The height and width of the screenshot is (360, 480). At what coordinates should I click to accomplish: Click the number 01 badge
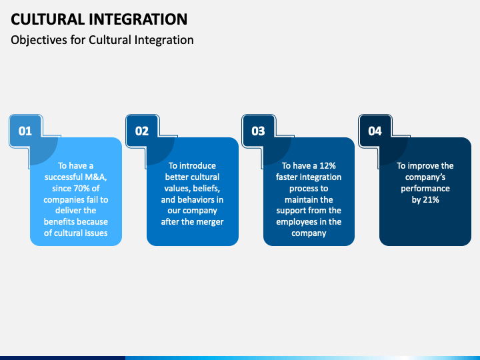(25, 131)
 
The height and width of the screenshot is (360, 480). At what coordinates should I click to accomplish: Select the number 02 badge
(142, 131)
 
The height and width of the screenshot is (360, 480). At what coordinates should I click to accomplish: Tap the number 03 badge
(258, 131)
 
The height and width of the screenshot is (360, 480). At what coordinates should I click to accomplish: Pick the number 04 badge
(375, 131)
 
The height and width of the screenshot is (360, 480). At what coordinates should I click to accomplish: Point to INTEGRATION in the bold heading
(139, 19)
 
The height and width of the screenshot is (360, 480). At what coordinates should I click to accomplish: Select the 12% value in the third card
(327, 165)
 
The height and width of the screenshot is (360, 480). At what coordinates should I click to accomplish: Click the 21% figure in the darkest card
(431, 199)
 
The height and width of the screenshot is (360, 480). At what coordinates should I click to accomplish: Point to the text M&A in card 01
(96, 177)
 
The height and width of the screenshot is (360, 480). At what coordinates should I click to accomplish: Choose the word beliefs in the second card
(207, 188)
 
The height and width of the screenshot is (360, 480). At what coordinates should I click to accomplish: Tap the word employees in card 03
(297, 222)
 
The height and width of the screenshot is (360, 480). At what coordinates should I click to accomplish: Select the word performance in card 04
(425, 189)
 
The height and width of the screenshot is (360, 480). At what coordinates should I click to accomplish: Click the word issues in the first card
(97, 233)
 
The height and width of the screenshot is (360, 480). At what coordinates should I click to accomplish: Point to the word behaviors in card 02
(196, 199)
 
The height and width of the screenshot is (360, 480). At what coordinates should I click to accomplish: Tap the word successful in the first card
(63, 177)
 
